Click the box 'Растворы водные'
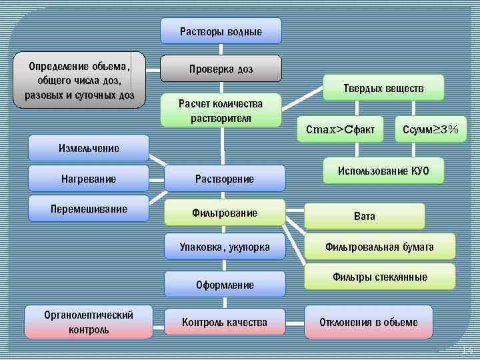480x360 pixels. tap(221, 31)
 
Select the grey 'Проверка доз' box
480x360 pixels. tap(221, 69)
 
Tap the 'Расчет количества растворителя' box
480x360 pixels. tap(221, 110)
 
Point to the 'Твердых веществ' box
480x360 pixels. tap(383, 87)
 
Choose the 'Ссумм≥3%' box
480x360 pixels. tap(431, 129)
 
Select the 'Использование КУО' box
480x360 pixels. tap(383, 171)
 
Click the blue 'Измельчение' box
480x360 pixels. tap(89, 148)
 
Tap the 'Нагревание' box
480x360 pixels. tap(89, 179)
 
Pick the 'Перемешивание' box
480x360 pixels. tap(89, 209)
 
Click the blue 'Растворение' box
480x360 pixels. tap(225, 179)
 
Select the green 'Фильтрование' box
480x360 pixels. tap(225, 213)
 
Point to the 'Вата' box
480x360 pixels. tap(365, 216)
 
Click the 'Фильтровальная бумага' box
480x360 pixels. tap(379, 247)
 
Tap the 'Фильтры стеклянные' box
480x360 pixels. tap(379, 277)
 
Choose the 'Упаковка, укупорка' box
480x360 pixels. tap(225, 247)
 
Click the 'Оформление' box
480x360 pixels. tap(225, 285)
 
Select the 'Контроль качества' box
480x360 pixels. tap(225, 322)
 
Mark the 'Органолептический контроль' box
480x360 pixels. tap(89, 322)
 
